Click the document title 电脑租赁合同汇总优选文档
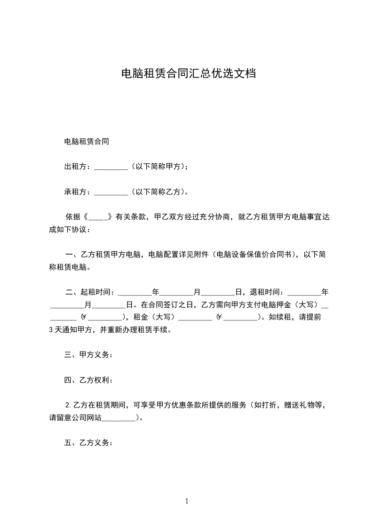188,73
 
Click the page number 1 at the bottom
187,501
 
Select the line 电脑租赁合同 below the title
87,141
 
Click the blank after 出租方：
111,167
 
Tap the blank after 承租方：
111,192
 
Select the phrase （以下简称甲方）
159,167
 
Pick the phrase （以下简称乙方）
159,192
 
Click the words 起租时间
97,292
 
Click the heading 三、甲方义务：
88,355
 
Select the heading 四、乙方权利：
88,380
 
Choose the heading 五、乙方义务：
88,443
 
